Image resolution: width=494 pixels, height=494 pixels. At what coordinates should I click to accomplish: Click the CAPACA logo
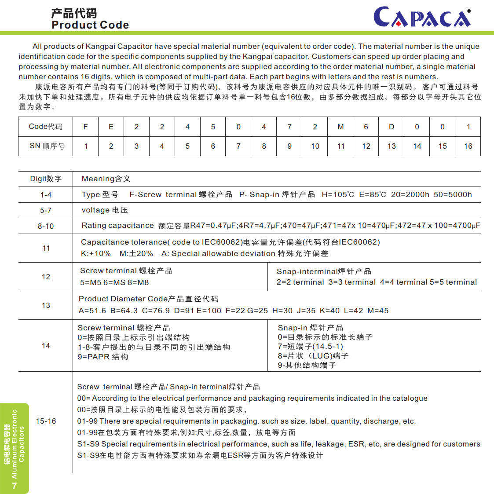(x=422, y=18)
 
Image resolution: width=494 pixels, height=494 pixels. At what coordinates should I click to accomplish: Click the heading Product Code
(x=90, y=25)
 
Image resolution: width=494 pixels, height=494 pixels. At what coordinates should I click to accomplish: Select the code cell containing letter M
(x=340, y=127)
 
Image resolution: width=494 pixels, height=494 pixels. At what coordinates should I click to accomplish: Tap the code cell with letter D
(x=392, y=127)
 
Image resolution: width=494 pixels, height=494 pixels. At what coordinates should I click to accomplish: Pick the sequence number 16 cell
(x=468, y=146)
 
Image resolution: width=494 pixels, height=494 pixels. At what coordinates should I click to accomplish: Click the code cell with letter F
(x=86, y=127)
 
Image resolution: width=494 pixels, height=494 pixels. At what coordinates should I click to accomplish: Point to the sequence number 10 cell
(x=315, y=146)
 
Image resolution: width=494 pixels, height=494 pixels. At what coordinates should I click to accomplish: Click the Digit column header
(x=46, y=179)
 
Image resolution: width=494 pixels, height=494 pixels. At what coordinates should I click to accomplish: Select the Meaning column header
(x=106, y=179)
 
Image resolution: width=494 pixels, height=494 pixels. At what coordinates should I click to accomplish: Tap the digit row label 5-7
(x=46, y=210)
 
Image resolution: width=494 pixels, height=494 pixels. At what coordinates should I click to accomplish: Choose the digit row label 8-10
(x=46, y=226)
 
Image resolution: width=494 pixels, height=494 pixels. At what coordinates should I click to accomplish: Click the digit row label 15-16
(x=46, y=421)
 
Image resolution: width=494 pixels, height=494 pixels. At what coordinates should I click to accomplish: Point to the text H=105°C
(x=338, y=194)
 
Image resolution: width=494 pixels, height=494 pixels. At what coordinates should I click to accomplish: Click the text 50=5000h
(x=453, y=194)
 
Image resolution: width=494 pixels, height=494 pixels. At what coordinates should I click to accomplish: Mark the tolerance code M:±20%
(x=136, y=253)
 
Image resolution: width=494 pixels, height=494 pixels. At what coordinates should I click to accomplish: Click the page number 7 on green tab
(x=15, y=486)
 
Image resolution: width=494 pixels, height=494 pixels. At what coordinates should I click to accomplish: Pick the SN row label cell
(x=46, y=146)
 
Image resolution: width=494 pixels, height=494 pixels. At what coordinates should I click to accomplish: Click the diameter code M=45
(x=378, y=311)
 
